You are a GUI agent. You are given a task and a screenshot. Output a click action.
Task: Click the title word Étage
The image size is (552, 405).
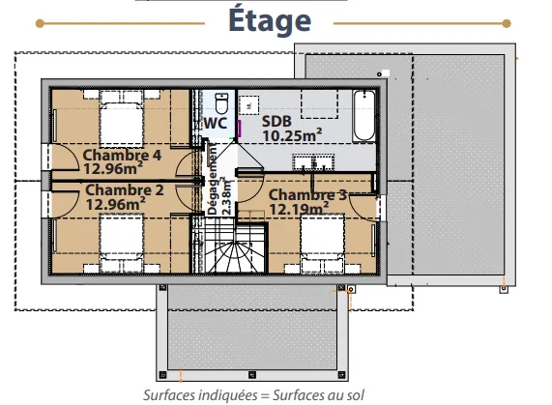click(x=270, y=20)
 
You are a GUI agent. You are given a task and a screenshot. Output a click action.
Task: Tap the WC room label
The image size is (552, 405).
click(x=216, y=123)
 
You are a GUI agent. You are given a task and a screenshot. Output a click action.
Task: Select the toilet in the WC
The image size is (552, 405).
click(x=221, y=102)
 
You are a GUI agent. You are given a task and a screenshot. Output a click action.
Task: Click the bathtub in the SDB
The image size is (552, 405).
click(x=364, y=116)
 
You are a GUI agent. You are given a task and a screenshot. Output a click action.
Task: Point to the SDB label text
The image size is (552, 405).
click(x=276, y=122)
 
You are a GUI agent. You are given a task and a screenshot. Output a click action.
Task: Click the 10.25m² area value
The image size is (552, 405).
click(x=292, y=135)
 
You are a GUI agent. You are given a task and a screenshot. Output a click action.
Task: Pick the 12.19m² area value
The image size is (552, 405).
click(x=300, y=209)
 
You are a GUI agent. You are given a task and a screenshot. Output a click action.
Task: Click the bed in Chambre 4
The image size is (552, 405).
click(x=122, y=118)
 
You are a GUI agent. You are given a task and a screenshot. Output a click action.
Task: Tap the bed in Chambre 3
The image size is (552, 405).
click(x=323, y=244)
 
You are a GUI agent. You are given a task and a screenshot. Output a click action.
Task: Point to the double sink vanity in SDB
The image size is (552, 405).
click(x=313, y=161)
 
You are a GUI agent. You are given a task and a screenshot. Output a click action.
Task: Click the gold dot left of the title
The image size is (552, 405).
click(x=40, y=23)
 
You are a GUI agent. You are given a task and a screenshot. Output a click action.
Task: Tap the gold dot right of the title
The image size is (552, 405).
click(x=507, y=23)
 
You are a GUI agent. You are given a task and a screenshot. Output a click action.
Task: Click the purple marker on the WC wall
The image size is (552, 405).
click(x=240, y=129)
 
